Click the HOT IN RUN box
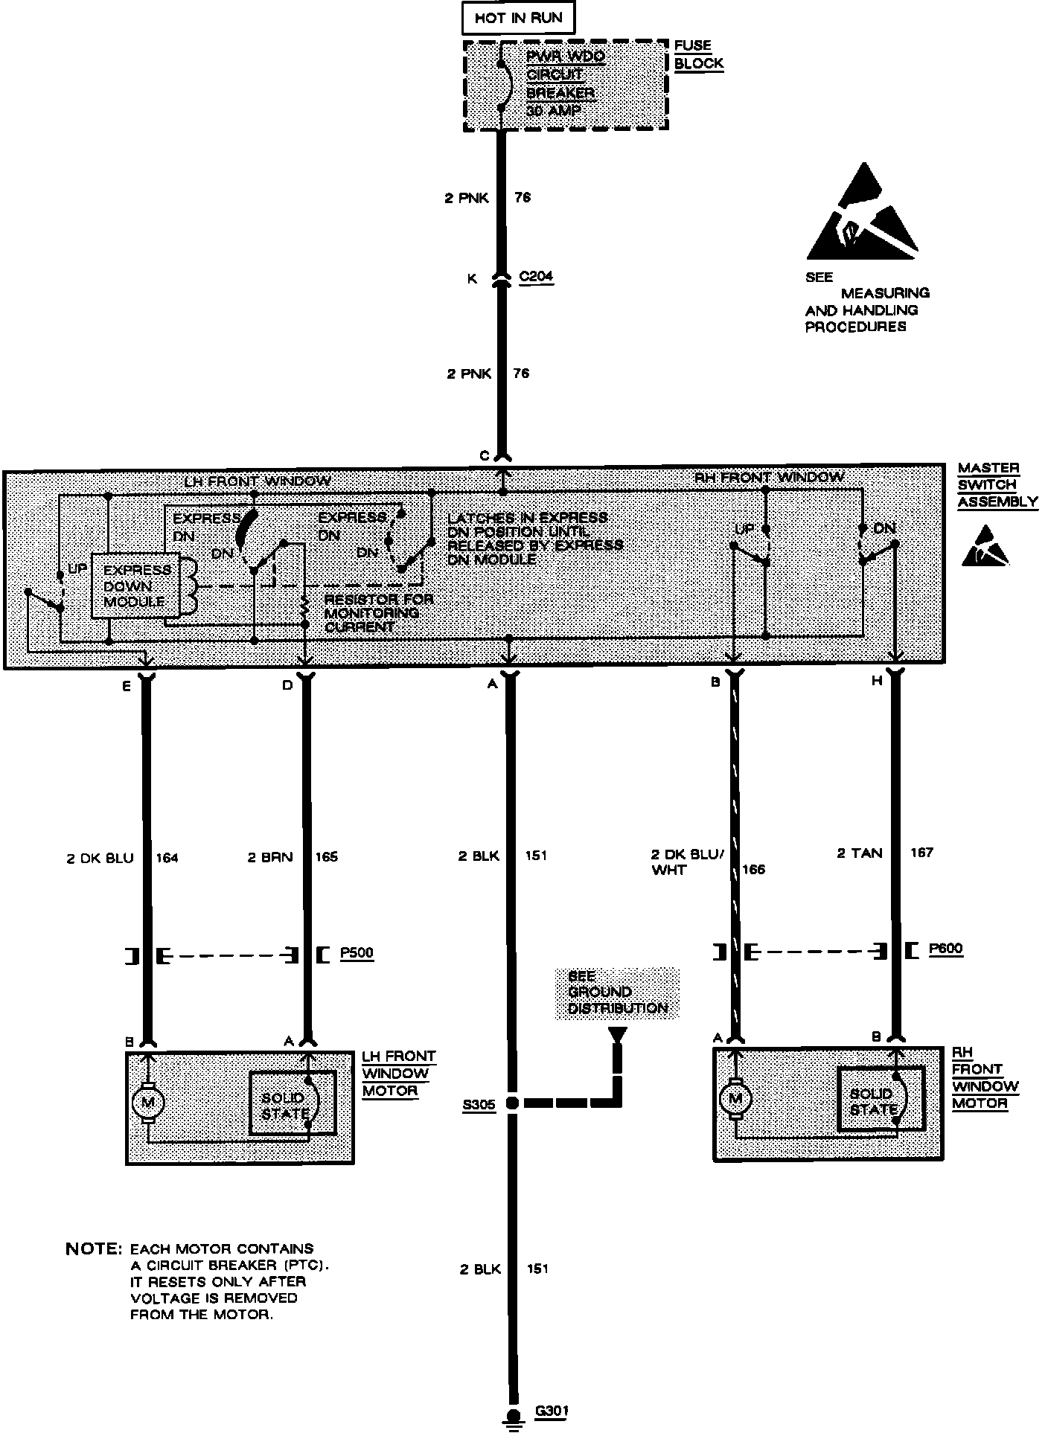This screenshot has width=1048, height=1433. (x=518, y=18)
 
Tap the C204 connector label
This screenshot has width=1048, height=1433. (x=536, y=277)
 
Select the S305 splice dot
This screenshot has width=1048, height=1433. (x=511, y=1103)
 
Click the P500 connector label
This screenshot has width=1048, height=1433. (x=357, y=953)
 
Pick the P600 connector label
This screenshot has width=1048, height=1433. (x=945, y=949)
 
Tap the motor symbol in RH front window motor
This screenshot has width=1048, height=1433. (x=735, y=1097)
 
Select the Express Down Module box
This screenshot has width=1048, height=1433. (x=135, y=586)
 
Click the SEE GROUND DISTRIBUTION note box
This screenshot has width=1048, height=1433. (x=617, y=993)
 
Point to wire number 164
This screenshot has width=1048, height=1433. (x=167, y=858)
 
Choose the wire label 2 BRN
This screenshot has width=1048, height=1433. (x=270, y=857)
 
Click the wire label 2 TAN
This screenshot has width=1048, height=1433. (x=860, y=853)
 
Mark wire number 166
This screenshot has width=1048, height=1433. (x=753, y=869)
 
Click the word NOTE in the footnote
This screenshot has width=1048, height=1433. (x=93, y=1248)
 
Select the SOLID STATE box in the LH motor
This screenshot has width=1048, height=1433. (x=292, y=1103)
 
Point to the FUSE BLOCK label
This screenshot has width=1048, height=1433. (x=698, y=54)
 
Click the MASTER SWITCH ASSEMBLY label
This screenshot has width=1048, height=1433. (x=997, y=484)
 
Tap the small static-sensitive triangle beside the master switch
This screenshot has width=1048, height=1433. (x=986, y=547)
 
